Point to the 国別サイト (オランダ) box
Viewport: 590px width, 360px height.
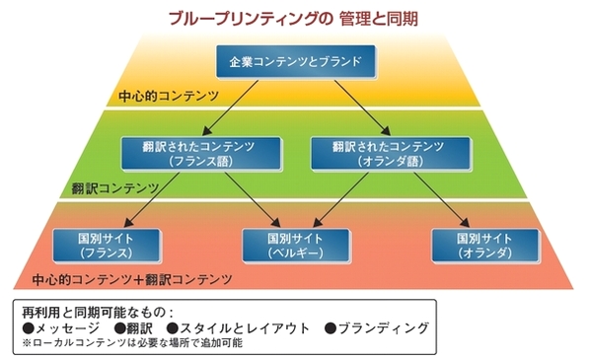[483, 245]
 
